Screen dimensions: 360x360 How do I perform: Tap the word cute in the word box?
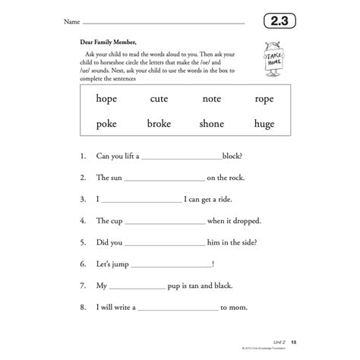pos(160,99)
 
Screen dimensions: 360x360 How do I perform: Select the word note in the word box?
pos(212,99)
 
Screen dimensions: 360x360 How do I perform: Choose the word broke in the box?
pos(160,124)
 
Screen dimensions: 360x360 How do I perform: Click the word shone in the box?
pos(212,124)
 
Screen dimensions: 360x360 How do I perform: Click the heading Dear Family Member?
pos(112,43)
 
